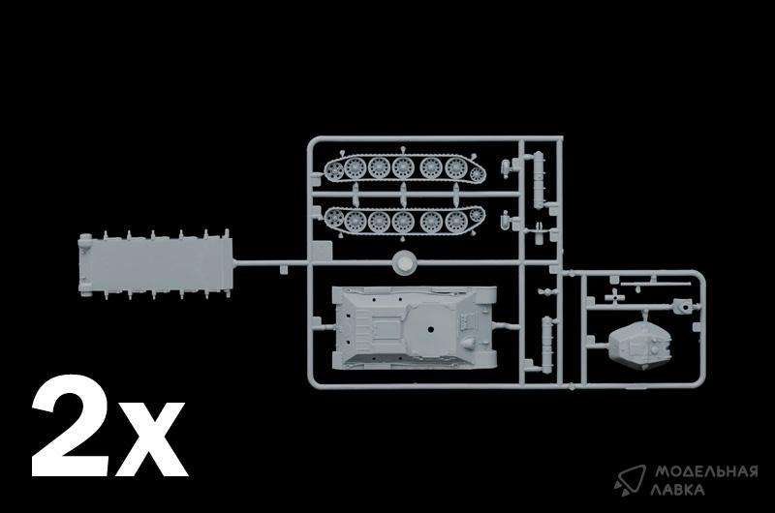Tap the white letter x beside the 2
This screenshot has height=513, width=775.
pyautogui.click(x=151, y=438)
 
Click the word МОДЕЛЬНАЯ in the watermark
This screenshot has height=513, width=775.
pyautogui.click(x=706, y=471)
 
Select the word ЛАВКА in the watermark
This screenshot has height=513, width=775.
pyautogui.click(x=677, y=490)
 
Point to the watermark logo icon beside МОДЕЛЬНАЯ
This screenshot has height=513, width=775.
pyautogui.click(x=632, y=479)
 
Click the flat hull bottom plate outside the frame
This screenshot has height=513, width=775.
pyautogui.click(x=155, y=264)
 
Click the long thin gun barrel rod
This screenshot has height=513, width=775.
pyautogui.click(x=655, y=284)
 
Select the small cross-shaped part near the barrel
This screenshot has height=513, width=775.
pyautogui.click(x=613, y=296)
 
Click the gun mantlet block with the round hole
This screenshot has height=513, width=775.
pyautogui.click(x=684, y=307)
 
